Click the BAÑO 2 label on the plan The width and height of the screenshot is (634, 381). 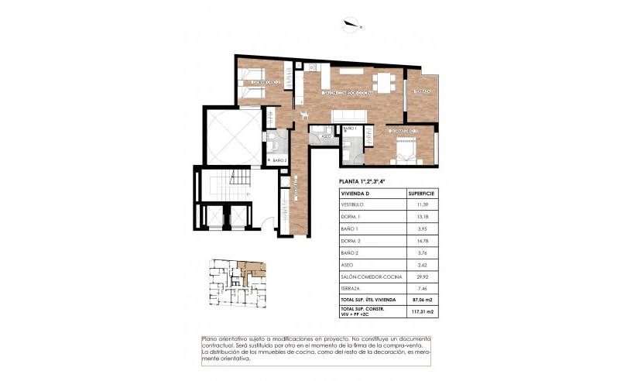pos(279,160)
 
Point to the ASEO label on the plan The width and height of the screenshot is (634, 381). pos(326,137)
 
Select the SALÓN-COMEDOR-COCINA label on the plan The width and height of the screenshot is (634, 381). pos(348,92)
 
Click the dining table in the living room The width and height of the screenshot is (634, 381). pos(383,81)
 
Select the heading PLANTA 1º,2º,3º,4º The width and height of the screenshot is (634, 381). pos(363,181)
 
